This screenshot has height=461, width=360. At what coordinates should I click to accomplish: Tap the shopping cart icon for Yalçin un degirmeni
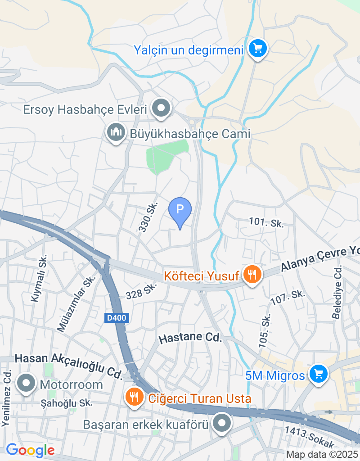click(258, 48)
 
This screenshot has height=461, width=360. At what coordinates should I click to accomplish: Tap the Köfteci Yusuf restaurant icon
click(252, 274)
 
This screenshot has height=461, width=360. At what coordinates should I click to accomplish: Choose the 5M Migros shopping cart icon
click(319, 374)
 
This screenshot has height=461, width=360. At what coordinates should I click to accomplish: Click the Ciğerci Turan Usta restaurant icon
click(134, 397)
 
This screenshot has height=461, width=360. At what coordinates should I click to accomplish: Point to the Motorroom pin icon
click(26, 384)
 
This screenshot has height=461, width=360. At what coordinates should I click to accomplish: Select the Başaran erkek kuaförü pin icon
click(221, 424)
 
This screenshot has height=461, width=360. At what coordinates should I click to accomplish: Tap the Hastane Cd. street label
click(191, 338)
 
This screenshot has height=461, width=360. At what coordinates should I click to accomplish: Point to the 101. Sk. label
click(266, 222)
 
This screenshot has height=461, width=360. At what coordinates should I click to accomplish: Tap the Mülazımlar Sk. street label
click(76, 303)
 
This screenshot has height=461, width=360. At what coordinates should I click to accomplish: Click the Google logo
click(30, 450)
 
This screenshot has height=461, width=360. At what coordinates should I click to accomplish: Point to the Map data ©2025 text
click(322, 455)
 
